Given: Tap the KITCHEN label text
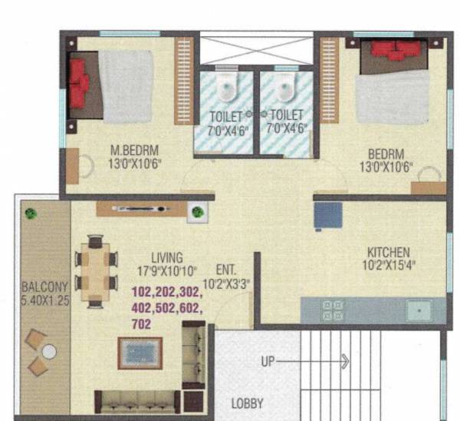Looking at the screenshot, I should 388,252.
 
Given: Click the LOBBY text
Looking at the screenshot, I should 248,403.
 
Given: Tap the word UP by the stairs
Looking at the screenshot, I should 268,360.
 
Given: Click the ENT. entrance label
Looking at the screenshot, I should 226,270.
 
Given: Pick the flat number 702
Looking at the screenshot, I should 142,323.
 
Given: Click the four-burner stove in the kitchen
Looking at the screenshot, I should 333,310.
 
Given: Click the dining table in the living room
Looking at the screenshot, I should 97,270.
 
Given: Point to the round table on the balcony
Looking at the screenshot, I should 48,353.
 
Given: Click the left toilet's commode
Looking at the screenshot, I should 225,90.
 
